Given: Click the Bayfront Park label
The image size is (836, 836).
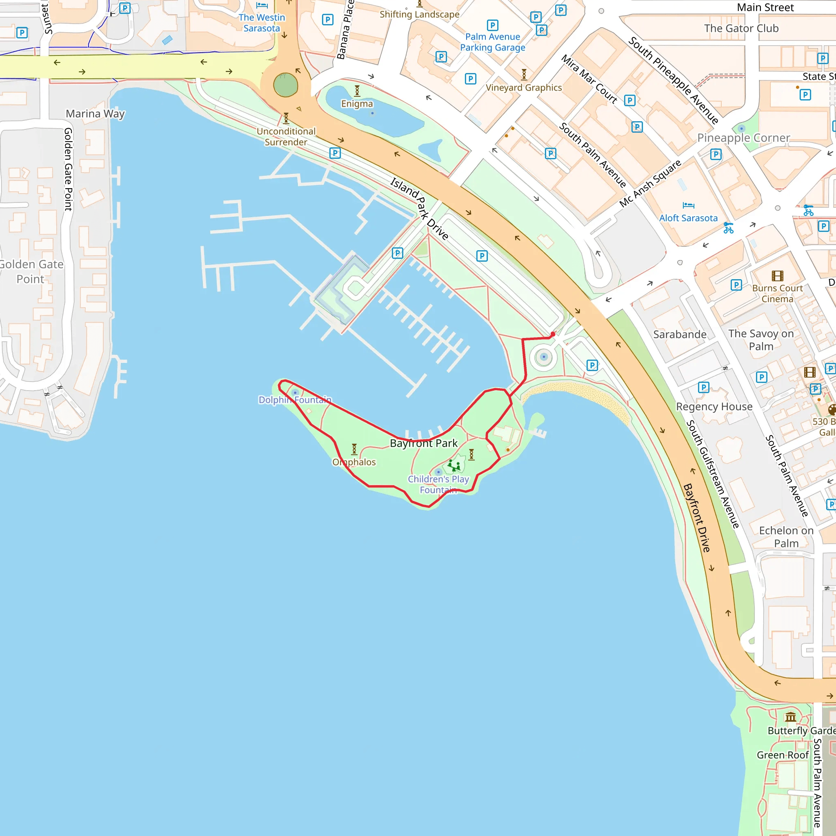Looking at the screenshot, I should (424, 443).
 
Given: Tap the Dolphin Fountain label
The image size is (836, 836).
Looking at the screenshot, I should (295, 400).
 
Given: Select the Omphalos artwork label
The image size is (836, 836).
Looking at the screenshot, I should (354, 462).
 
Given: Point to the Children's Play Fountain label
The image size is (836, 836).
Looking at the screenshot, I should (438, 484).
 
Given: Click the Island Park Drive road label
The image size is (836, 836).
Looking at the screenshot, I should (419, 208).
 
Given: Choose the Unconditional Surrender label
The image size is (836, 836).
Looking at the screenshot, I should (286, 136).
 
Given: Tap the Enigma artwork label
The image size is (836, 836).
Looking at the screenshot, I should (357, 104).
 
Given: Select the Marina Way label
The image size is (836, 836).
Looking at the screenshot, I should (95, 114).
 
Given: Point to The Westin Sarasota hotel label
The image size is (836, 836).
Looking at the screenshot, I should (262, 23).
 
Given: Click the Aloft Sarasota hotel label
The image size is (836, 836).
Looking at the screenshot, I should (688, 218).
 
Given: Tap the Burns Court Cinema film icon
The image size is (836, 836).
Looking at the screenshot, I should (777, 276).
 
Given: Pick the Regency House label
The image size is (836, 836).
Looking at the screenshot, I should (714, 407).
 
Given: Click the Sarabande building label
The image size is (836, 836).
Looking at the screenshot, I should (679, 334).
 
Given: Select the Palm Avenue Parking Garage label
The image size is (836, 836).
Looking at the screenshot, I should (492, 42).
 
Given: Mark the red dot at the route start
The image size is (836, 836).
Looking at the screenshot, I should (553, 334).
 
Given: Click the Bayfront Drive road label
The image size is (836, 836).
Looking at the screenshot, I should (696, 518).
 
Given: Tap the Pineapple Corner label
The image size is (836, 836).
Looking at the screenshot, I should (743, 138).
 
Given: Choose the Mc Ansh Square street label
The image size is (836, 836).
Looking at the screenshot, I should (650, 183).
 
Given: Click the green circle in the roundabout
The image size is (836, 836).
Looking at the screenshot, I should (286, 85).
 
